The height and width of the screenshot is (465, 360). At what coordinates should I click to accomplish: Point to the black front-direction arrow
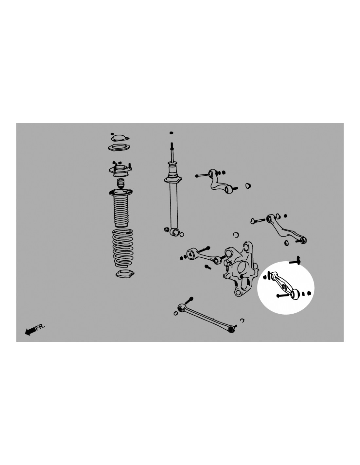click(30, 331)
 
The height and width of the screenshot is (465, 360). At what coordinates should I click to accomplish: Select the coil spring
click(123, 248)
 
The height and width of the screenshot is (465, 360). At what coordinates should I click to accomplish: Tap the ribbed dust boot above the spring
click(121, 208)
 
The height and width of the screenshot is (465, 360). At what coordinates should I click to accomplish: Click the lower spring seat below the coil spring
click(125, 274)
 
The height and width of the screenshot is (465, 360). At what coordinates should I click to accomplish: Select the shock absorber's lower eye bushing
click(175, 232)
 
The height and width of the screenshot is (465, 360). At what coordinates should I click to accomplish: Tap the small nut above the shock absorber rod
click(171, 133)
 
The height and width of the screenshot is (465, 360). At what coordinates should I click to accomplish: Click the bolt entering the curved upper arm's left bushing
click(202, 176)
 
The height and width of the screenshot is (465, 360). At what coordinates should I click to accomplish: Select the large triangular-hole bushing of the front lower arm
click(192, 253)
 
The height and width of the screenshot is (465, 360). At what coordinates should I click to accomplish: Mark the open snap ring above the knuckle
click(236, 234)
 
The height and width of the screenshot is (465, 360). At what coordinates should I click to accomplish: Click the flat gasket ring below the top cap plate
click(119, 148)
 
